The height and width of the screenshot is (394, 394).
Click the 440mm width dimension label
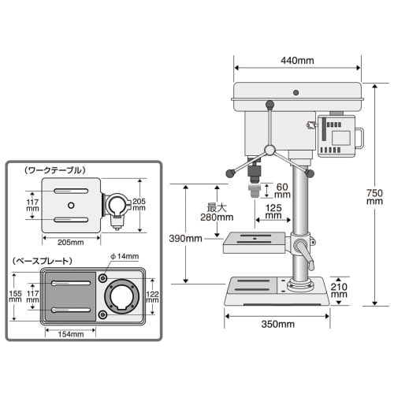(x=296, y=60)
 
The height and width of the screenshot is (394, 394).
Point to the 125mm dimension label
(x=274, y=208)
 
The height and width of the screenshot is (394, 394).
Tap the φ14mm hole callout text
(x=125, y=256)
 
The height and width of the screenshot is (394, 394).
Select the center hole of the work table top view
(x=71, y=206)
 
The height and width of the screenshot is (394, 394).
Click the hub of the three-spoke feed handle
(x=269, y=150)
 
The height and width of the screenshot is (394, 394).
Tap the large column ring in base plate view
(x=123, y=297)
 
